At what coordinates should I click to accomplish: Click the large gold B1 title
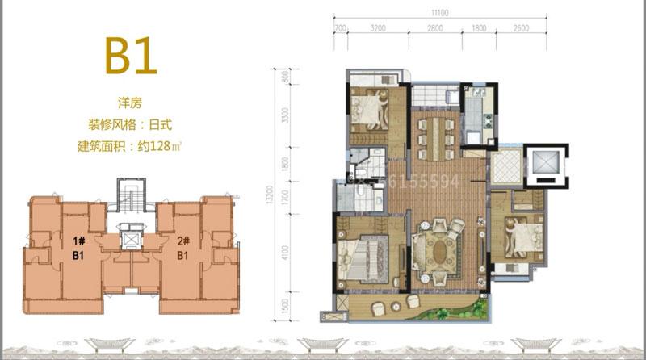pos(130,55)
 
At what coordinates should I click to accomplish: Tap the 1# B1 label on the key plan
pos(79,248)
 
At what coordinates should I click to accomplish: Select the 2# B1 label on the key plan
pos(182,248)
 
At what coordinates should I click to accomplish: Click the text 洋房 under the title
pos(130,103)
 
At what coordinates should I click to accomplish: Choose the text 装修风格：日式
pos(130,125)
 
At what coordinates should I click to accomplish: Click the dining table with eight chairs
pos(437,132)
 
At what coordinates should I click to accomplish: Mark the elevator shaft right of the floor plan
pos(545,165)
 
